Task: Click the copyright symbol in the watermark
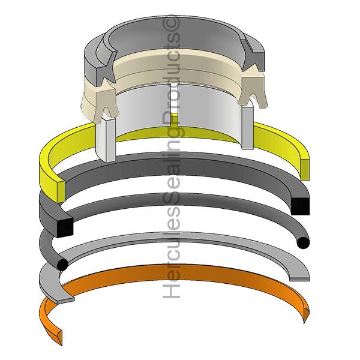click(171, 23)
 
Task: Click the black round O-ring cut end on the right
click(303, 243)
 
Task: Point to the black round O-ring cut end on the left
click(62, 264)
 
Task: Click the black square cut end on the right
click(301, 206)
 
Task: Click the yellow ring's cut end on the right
click(305, 169)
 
